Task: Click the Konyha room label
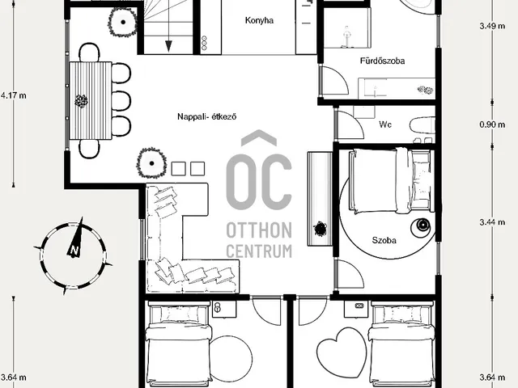click(x=259, y=20)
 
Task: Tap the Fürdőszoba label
click(x=383, y=61)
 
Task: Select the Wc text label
click(x=385, y=124)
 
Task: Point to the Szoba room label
click(x=384, y=240)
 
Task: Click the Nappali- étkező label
click(x=207, y=116)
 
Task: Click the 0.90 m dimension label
click(x=492, y=124)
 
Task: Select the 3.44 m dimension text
click(x=492, y=222)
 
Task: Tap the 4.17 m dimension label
click(x=13, y=95)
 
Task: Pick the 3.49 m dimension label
click(x=492, y=26)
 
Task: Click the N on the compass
click(x=74, y=251)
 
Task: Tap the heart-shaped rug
click(x=342, y=352)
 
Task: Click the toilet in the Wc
click(x=422, y=126)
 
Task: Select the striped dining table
click(x=91, y=100)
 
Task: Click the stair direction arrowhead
click(x=168, y=46)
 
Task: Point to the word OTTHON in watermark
click(x=259, y=230)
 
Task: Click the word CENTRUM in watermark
click(x=259, y=251)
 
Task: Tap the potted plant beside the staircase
click(x=122, y=22)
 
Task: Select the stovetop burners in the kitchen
click(x=204, y=43)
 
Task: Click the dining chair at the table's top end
click(x=89, y=52)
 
